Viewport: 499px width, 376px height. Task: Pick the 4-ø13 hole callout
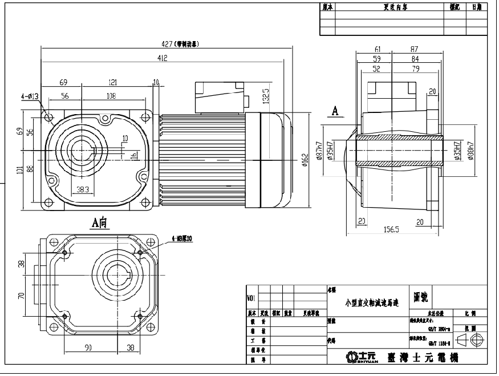tap(30, 97)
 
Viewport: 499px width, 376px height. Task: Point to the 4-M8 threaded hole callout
tap(182, 238)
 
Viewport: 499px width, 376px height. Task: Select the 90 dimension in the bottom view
tap(88, 347)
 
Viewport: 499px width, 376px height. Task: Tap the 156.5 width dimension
tap(391, 229)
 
